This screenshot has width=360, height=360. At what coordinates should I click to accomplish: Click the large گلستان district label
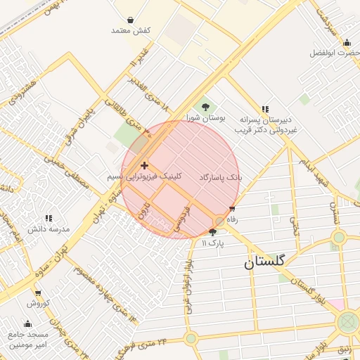pyautogui.click(x=264, y=262)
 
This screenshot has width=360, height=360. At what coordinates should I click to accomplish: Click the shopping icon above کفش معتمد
pyautogui.click(x=131, y=20)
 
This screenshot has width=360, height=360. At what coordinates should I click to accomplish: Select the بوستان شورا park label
pyautogui.click(x=205, y=118)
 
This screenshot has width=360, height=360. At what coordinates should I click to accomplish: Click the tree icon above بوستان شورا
pyautogui.click(x=205, y=107)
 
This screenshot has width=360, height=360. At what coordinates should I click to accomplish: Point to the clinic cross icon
pyautogui.click(x=145, y=166)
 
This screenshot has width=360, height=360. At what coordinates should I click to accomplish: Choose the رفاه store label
pyautogui.click(x=232, y=219)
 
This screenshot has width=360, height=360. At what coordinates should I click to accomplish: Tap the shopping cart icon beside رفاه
pyautogui.click(x=232, y=210)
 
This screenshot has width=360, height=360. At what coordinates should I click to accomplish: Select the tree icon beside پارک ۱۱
pyautogui.click(x=213, y=232)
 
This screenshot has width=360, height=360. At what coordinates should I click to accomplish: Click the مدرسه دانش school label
pyautogui.click(x=49, y=229)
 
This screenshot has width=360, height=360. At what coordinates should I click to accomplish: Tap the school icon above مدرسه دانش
pyautogui.click(x=49, y=219)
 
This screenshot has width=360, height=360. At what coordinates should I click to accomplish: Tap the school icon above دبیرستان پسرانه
pyautogui.click(x=265, y=109)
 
